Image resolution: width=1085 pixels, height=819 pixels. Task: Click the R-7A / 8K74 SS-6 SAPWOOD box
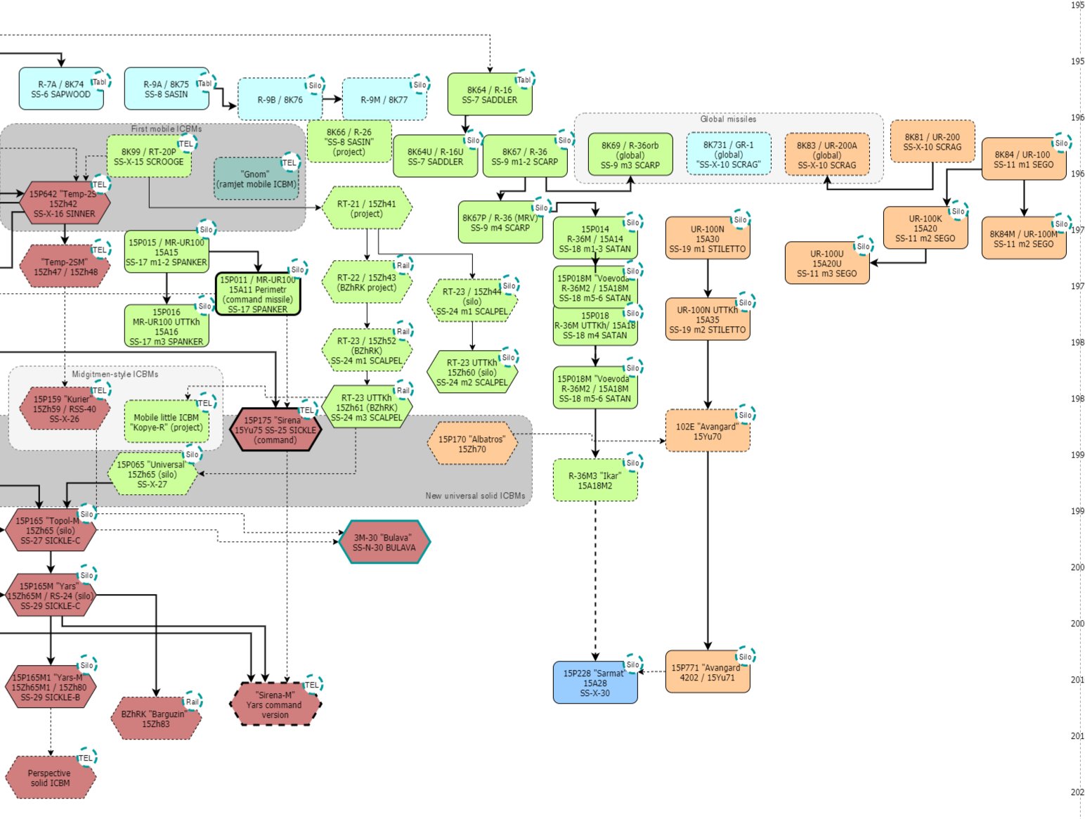(61, 89)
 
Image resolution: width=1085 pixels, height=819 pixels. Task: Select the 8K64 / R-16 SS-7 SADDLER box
(489, 95)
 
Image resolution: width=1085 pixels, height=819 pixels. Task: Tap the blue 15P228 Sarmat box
(595, 683)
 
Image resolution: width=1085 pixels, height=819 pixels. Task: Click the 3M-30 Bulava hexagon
(384, 542)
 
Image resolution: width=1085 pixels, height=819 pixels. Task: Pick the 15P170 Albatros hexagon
(472, 444)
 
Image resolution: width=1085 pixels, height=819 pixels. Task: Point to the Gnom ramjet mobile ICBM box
(256, 179)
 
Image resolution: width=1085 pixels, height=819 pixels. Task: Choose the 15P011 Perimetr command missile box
(257, 294)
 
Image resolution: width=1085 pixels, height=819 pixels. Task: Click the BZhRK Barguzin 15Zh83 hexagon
(155, 718)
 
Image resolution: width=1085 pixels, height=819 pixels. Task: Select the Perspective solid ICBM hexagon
(50, 778)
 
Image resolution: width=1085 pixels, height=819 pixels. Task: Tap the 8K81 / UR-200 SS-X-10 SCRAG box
(932, 142)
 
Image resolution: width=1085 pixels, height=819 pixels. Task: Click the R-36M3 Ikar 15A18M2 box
(595, 480)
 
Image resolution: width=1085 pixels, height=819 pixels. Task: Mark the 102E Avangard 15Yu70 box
(707, 431)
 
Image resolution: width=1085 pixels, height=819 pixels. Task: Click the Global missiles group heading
(728, 119)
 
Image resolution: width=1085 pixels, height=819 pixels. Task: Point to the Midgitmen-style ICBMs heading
(115, 374)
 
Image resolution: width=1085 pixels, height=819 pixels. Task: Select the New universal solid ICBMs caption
(475, 496)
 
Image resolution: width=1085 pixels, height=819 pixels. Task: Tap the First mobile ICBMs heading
(166, 129)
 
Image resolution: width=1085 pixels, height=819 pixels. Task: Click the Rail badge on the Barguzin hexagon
(192, 702)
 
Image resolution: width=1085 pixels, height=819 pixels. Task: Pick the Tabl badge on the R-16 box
(524, 79)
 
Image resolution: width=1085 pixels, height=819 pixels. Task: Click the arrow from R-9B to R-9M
(332, 99)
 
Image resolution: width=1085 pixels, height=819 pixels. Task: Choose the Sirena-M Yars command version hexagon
(275, 704)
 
